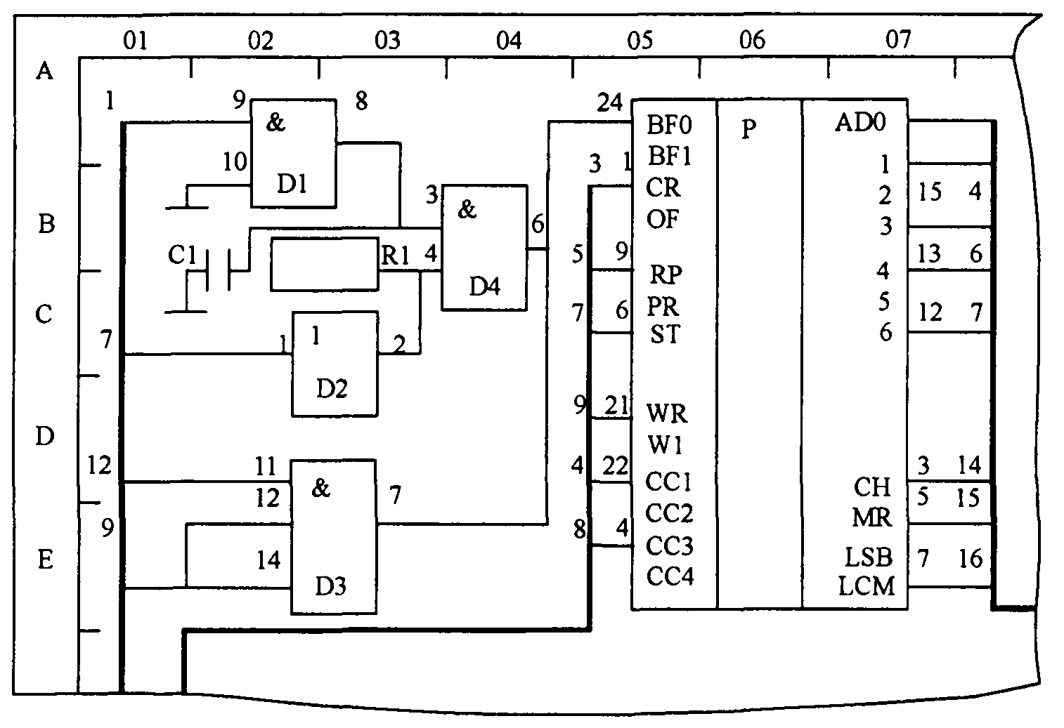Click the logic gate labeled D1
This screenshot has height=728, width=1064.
(x=293, y=153)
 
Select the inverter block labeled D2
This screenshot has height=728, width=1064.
(x=335, y=363)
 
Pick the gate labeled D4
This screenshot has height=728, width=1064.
(x=484, y=247)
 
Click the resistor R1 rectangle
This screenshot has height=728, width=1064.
(x=325, y=264)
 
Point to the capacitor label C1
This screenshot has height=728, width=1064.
(x=181, y=256)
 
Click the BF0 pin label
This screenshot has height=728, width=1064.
(x=669, y=126)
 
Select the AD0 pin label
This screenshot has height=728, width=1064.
(x=860, y=123)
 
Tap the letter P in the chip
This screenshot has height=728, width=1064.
(x=749, y=130)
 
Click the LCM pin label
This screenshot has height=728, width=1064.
(x=867, y=585)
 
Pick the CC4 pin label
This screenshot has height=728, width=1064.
(x=670, y=576)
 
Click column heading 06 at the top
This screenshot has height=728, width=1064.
(x=752, y=40)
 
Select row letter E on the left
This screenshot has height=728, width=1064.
(x=45, y=560)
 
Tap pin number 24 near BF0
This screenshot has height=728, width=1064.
(x=609, y=103)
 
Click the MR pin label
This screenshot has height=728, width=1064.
(x=871, y=518)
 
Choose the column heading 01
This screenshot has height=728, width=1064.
(x=136, y=41)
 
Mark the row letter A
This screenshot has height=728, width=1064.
(x=45, y=71)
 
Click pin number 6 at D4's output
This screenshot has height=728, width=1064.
(x=538, y=225)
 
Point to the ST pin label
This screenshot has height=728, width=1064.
(x=665, y=334)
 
